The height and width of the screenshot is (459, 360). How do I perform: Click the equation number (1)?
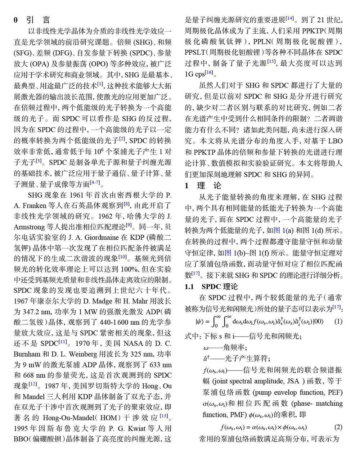[338, 321]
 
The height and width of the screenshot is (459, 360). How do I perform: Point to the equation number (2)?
[338, 427]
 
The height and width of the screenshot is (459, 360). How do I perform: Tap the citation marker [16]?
[209, 73]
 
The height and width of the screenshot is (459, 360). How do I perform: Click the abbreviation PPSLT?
[197, 53]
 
